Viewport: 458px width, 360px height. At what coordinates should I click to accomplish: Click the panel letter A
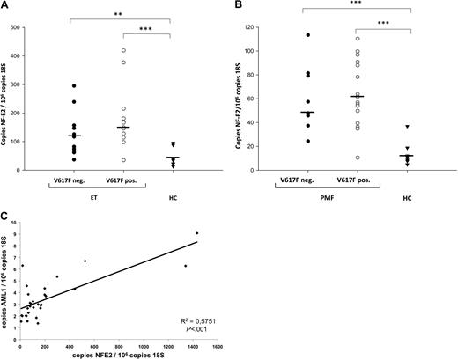[x=5, y=6]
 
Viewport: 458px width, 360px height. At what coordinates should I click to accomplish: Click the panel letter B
[x=240, y=6]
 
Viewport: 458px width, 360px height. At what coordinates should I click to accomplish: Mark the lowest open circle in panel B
[x=356, y=158]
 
